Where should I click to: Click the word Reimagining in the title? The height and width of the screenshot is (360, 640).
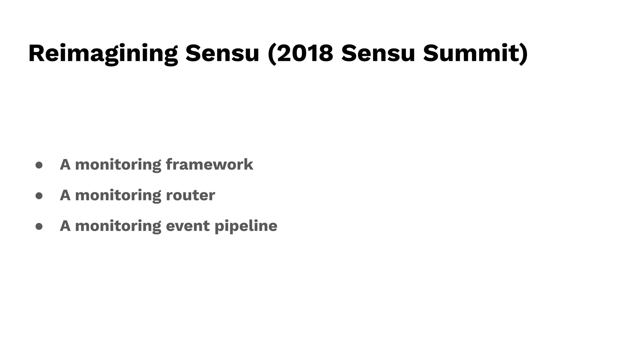pyautogui.click(x=103, y=53)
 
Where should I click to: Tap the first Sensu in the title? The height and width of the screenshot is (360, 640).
pyautogui.click(x=222, y=53)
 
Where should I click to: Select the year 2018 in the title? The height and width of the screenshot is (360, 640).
pyautogui.click(x=305, y=53)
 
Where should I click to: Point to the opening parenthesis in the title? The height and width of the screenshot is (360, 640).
pyautogui.click(x=272, y=54)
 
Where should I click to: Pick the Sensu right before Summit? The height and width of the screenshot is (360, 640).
pyautogui.click(x=378, y=53)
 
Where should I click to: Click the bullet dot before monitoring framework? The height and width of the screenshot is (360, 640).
pyautogui.click(x=39, y=165)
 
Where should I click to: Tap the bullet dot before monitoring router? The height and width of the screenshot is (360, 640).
pyautogui.click(x=39, y=196)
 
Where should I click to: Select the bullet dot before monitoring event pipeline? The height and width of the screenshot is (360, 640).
pyautogui.click(x=39, y=226)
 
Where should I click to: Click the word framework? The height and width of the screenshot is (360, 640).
pyautogui.click(x=209, y=164)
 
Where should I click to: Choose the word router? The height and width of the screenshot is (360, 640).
pyautogui.click(x=190, y=195)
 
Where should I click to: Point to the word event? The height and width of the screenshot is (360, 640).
pyautogui.click(x=187, y=226)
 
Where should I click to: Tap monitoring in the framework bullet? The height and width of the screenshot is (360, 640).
pyautogui.click(x=118, y=165)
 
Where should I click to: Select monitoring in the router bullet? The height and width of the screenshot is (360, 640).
pyautogui.click(x=118, y=195)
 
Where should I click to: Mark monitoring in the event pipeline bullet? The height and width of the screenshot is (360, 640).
pyautogui.click(x=118, y=226)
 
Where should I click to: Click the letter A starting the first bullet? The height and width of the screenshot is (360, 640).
pyautogui.click(x=65, y=164)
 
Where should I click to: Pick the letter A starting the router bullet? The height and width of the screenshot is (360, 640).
pyautogui.click(x=65, y=195)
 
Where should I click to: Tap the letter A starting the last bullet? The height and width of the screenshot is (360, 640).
pyautogui.click(x=65, y=226)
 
